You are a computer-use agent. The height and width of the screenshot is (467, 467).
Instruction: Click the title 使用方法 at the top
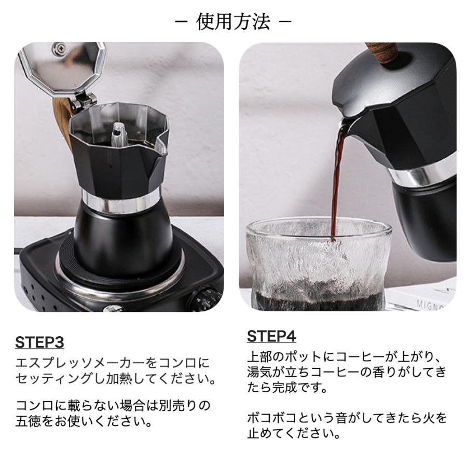point(233,22)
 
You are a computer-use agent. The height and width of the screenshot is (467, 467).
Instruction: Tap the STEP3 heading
point(39,342)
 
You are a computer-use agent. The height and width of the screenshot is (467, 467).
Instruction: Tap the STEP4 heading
point(271,336)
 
